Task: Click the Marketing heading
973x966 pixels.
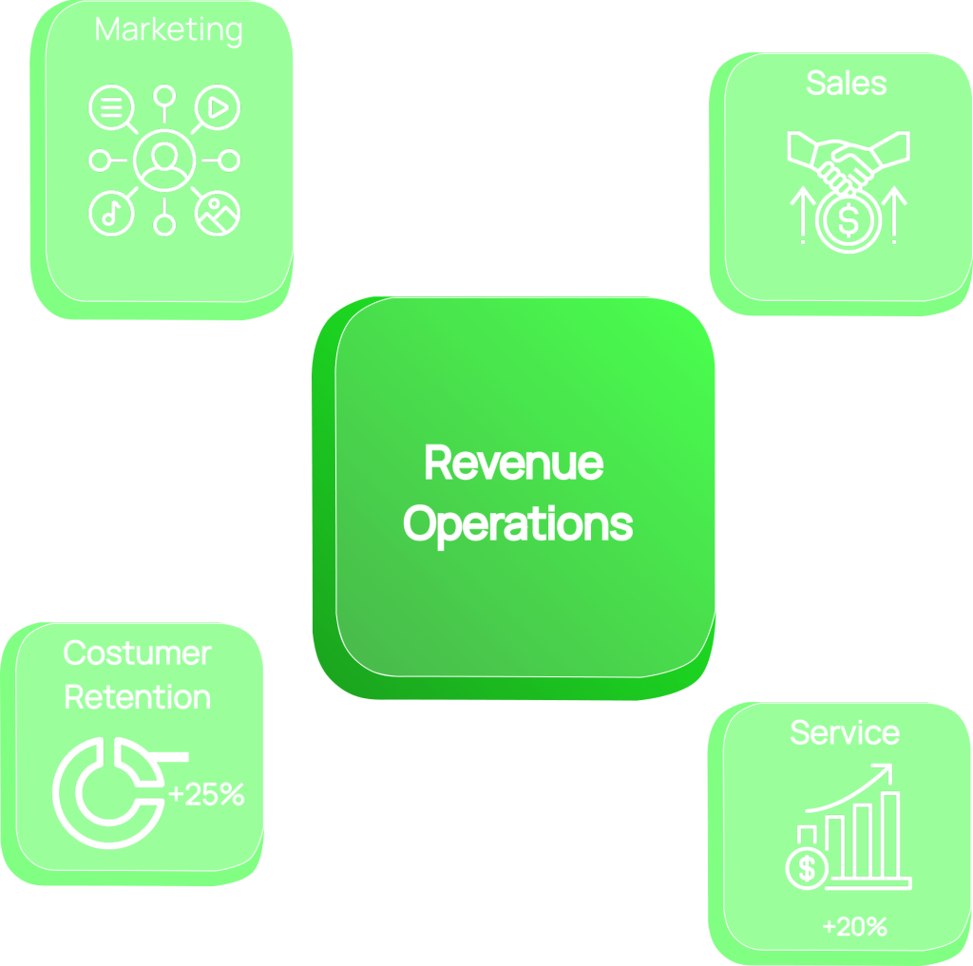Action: (x=169, y=29)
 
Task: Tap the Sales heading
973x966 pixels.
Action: (x=846, y=83)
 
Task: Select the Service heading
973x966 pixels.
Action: (x=845, y=732)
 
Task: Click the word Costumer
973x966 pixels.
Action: (x=137, y=653)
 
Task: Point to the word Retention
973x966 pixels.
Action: (x=137, y=696)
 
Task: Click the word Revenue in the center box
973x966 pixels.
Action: (x=514, y=464)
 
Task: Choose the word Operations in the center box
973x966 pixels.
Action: (x=518, y=523)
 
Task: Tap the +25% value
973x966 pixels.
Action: (x=206, y=794)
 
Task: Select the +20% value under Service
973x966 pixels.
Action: (x=854, y=926)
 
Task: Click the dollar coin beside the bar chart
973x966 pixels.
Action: (x=808, y=867)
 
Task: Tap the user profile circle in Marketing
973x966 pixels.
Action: (x=164, y=161)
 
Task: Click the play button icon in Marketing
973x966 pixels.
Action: (x=218, y=107)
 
